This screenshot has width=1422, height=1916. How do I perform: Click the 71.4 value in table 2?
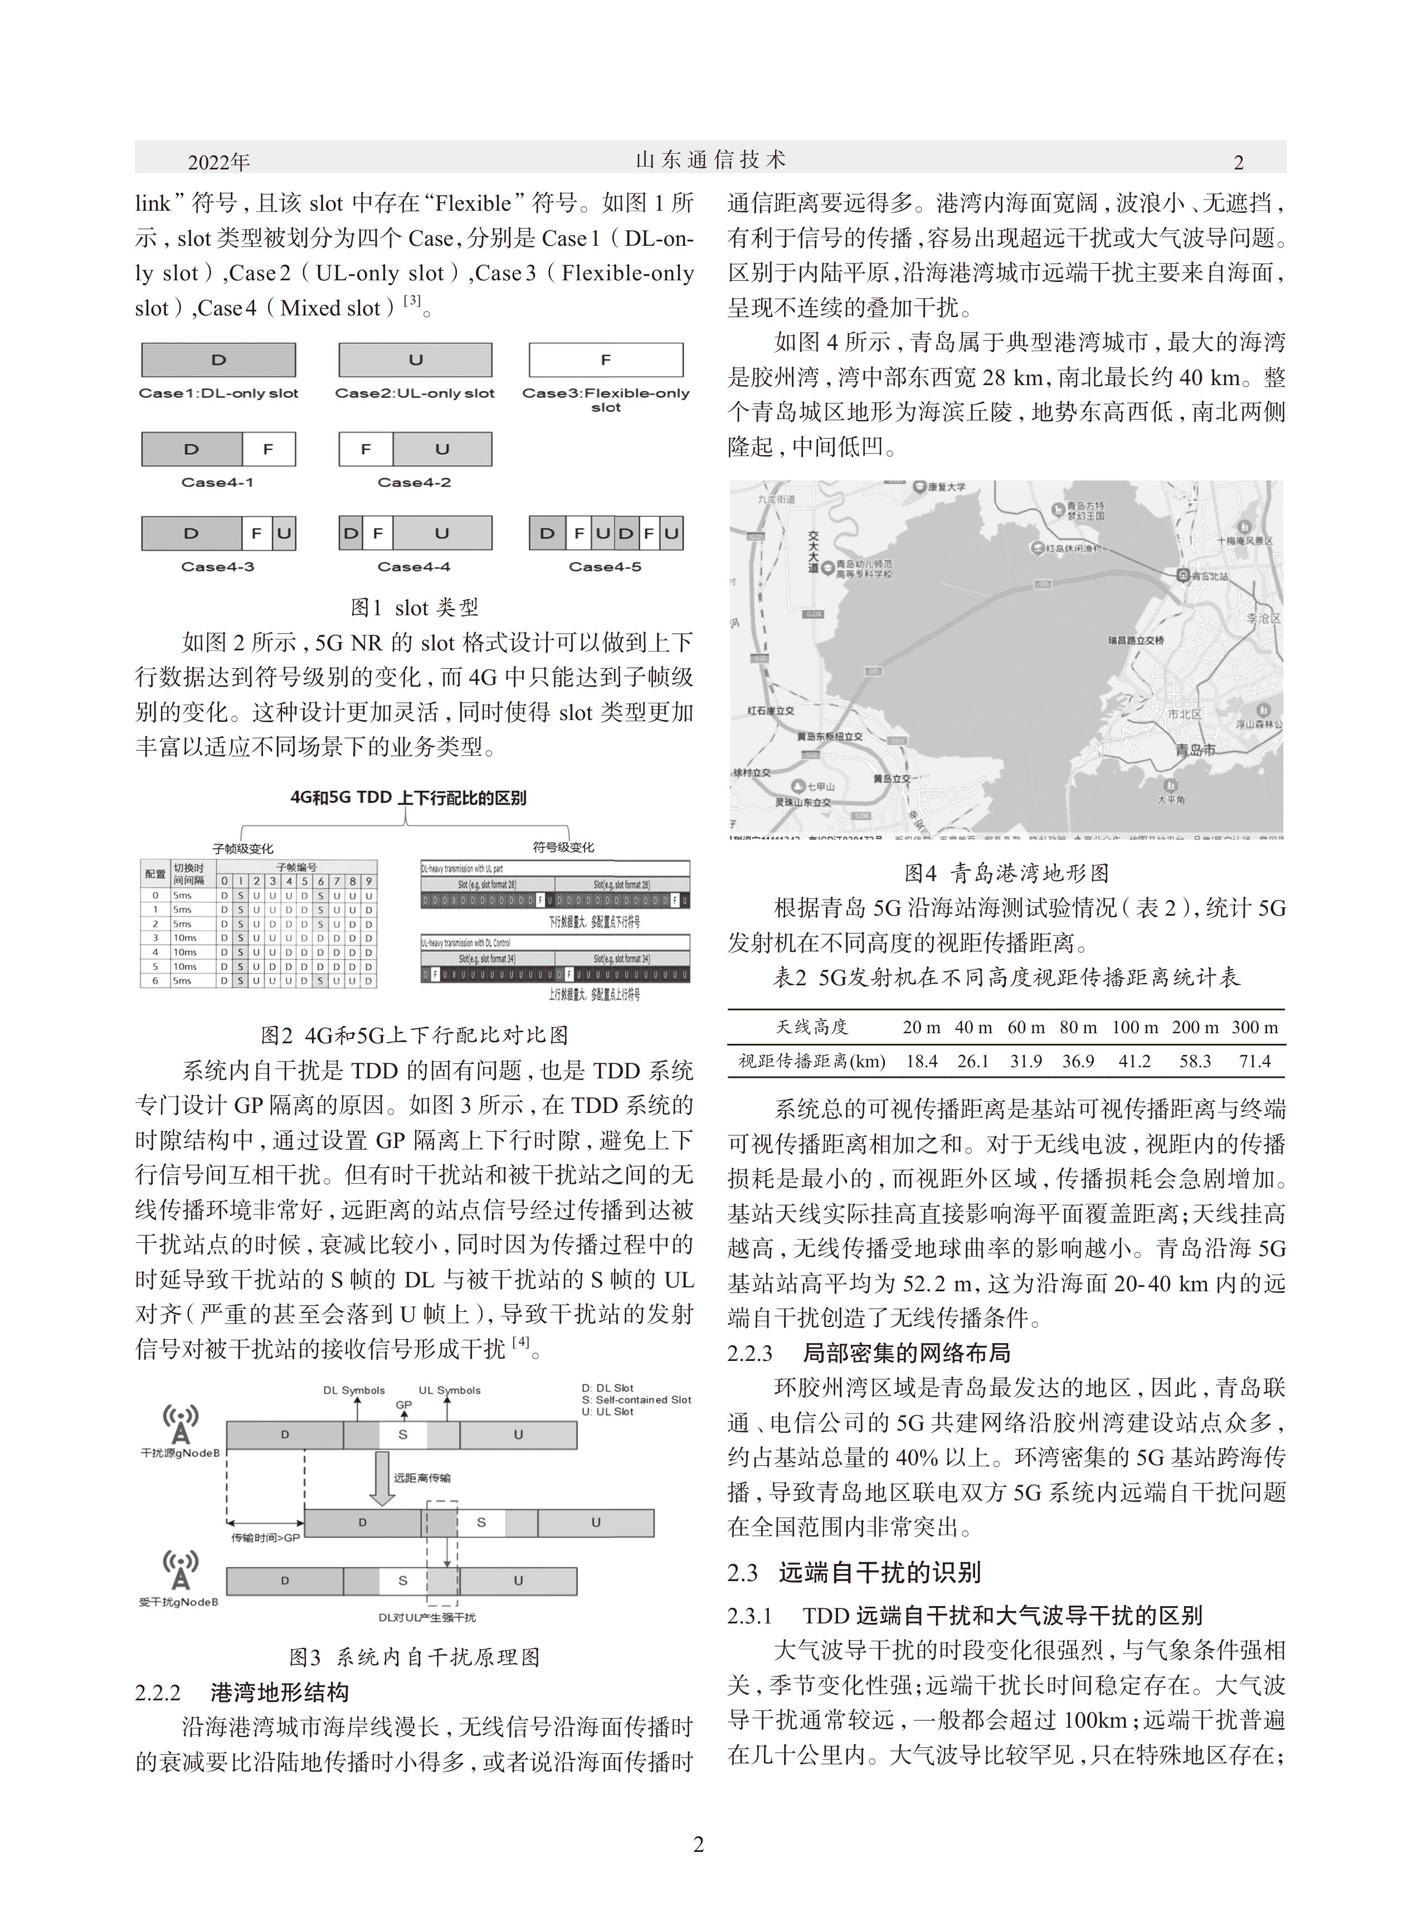pyautogui.click(x=1254, y=1061)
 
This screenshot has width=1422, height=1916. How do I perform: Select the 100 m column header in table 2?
pyautogui.click(x=1134, y=1027)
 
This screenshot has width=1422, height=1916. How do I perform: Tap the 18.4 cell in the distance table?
pyautogui.click(x=921, y=1061)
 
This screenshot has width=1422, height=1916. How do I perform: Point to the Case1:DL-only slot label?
pyautogui.click(x=218, y=393)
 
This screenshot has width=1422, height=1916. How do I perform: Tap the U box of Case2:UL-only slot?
pyautogui.click(x=415, y=360)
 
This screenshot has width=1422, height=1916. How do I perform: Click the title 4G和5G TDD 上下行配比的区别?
pyautogui.click(x=408, y=798)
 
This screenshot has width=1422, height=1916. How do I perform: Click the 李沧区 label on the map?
pyautogui.click(x=1264, y=619)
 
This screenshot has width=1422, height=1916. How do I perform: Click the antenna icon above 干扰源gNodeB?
pyautogui.click(x=181, y=1424)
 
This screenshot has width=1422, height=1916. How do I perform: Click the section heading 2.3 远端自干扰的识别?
pyautogui.click(x=854, y=1573)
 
